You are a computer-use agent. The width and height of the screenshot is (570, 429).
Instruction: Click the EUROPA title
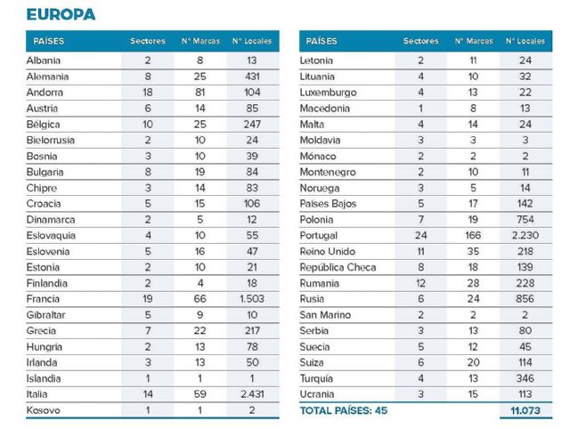point(60,14)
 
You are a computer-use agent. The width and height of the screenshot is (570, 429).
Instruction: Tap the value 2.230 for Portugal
point(525,236)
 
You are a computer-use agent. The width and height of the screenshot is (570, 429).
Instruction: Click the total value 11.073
point(525,411)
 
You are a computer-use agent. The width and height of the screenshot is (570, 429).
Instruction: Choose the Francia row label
point(44,299)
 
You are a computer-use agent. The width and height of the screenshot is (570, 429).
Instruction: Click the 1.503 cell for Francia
point(252,299)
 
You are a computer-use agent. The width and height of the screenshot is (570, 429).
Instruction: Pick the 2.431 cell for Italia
point(252,394)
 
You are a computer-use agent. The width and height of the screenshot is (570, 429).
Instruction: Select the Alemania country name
point(48,77)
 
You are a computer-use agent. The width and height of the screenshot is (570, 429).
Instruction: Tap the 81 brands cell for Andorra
point(200,93)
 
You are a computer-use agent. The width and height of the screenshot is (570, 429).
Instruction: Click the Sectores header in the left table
point(148,41)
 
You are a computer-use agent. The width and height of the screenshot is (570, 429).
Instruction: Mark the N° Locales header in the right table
point(525,41)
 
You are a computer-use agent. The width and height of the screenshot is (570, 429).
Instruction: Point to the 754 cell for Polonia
point(525,220)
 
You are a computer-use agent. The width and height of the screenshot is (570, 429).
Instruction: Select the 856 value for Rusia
point(525,299)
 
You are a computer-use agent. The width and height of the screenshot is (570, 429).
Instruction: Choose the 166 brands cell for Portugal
point(472,236)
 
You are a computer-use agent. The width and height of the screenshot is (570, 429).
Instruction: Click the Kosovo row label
point(44,410)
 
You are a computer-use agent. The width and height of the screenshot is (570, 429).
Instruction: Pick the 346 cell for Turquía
point(525,378)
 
